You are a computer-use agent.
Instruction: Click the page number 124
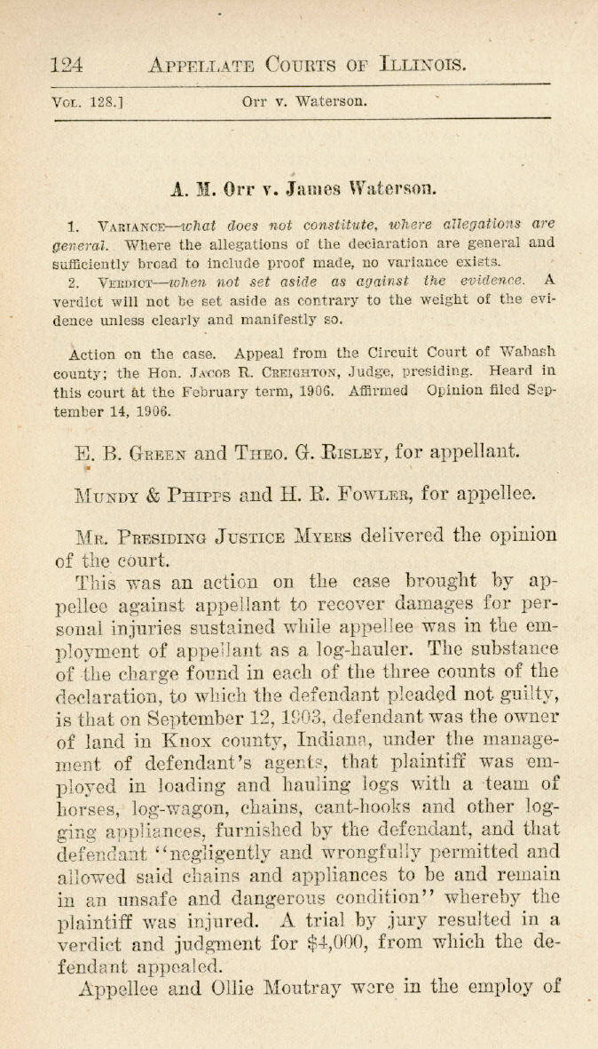[68, 64]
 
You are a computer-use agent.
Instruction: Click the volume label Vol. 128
[86, 102]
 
